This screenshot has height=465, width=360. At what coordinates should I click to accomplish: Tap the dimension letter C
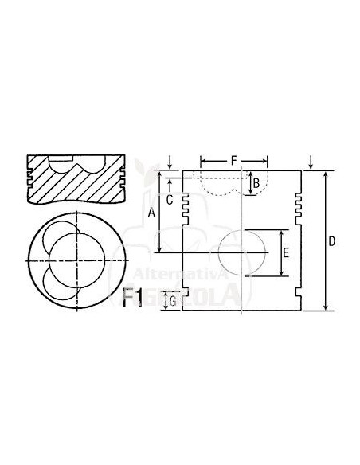[170, 199]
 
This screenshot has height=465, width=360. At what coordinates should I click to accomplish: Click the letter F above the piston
[233, 161]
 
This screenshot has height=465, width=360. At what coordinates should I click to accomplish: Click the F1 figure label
[133, 297]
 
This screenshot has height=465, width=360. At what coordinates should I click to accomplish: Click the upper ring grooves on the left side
[187, 203]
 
